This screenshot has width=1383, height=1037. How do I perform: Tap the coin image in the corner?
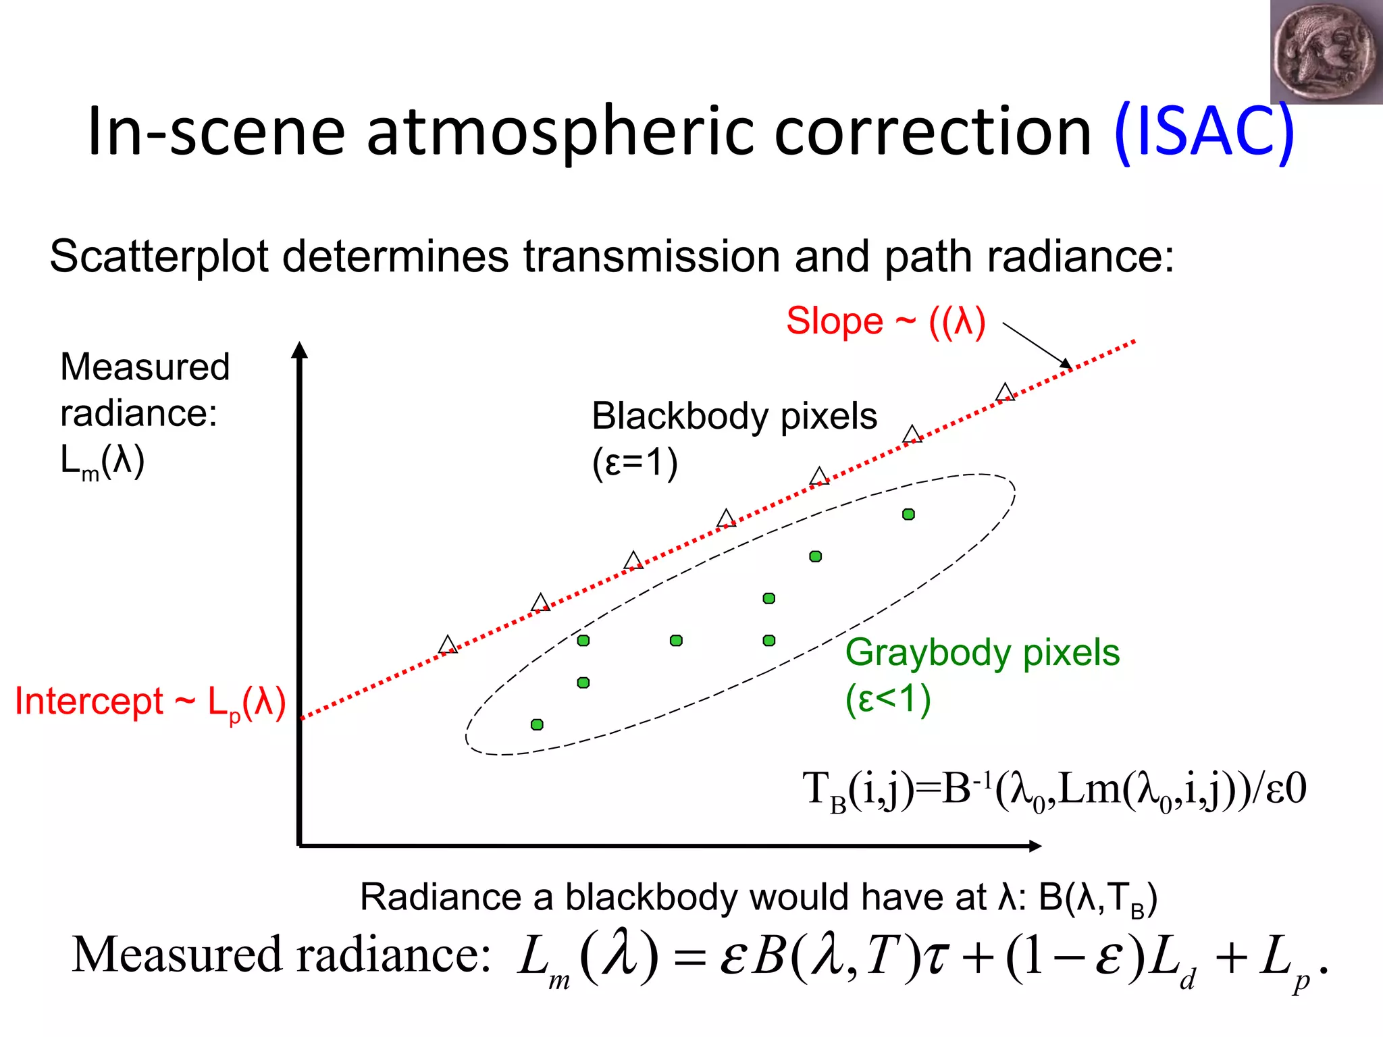click(x=1324, y=52)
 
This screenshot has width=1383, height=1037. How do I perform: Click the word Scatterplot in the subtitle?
click(x=158, y=257)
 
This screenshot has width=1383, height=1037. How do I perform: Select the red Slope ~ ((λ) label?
click(x=885, y=321)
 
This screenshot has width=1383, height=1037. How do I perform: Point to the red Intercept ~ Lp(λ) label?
click(x=150, y=702)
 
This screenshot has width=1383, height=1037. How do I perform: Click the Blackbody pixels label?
click(x=734, y=417)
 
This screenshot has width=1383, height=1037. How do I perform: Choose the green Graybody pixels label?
click(x=982, y=653)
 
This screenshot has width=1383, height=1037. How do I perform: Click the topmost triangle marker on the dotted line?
click(x=1005, y=393)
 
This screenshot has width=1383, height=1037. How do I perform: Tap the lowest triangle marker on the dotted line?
click(x=447, y=645)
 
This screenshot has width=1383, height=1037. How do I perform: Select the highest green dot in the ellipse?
click(x=908, y=514)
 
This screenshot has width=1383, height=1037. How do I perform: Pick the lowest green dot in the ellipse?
click(x=537, y=724)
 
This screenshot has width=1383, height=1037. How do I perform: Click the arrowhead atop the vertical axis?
click(x=300, y=350)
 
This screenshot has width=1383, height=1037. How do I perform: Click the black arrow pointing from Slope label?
click(x=1037, y=346)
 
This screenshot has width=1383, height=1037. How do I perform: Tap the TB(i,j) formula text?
click(x=1053, y=790)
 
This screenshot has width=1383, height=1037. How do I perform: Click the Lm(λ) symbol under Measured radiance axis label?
click(x=102, y=463)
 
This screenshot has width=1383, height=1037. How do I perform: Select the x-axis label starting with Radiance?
click(x=758, y=899)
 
